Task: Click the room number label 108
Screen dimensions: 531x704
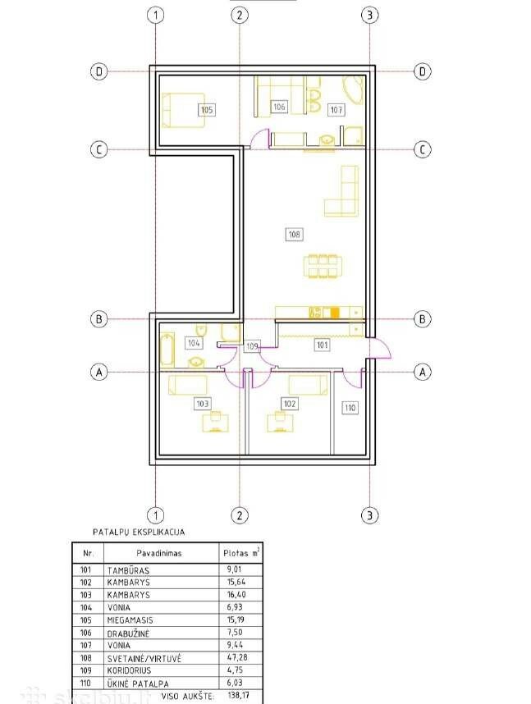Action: tap(294, 234)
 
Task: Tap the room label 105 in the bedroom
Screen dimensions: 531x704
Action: tap(207, 110)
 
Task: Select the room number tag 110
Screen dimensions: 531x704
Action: tap(350, 408)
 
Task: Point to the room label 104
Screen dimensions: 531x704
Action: tap(194, 343)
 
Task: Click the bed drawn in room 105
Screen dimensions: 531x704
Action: tap(183, 110)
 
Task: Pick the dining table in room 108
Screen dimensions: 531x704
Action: tap(322, 266)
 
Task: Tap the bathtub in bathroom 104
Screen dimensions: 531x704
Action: tap(167, 349)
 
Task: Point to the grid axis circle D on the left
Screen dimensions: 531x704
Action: tap(98, 71)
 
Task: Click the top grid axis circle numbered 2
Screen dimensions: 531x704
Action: tap(240, 16)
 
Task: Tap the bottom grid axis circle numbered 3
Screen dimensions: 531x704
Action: tap(369, 515)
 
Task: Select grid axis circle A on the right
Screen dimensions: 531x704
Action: tap(422, 372)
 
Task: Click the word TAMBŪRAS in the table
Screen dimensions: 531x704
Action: tap(129, 570)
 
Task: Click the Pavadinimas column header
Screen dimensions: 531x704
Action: tap(159, 553)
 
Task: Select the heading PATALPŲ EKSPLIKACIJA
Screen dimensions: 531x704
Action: tap(139, 532)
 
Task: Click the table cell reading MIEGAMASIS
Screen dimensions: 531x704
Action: tap(130, 620)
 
